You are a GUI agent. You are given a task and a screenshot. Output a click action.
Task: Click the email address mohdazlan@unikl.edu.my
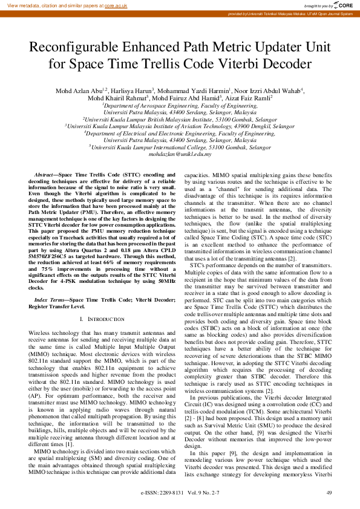point(180,155)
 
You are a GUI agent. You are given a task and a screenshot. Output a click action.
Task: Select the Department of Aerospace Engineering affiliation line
point(180,105)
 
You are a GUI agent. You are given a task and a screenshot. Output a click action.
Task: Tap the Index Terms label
point(49,300)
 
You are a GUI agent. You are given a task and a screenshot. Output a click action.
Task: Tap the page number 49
point(329,493)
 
